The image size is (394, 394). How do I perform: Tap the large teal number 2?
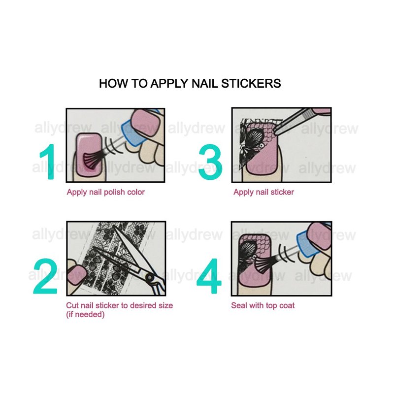click(45, 276)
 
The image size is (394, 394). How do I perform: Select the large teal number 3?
click(211, 162)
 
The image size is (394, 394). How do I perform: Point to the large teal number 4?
click(209, 276)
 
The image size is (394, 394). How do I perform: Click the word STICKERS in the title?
click(251, 83)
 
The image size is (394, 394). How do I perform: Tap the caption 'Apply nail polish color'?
click(106, 193)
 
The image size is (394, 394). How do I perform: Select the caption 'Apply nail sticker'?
click(263, 192)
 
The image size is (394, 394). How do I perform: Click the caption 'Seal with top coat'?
click(263, 305)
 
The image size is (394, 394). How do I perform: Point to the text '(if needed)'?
click(85, 314)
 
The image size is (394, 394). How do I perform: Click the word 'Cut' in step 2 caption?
click(72, 305)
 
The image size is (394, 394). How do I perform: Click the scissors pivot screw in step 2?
click(150, 277)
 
